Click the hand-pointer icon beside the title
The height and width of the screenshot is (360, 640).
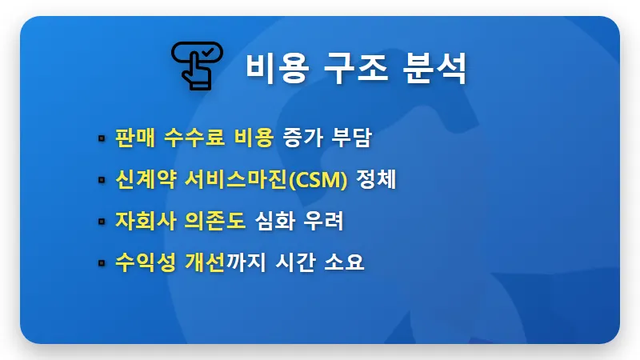(x=194, y=65)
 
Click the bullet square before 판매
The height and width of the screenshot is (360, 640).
(x=102, y=138)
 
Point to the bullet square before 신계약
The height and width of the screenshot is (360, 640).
(x=102, y=181)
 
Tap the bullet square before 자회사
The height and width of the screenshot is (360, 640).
(x=102, y=222)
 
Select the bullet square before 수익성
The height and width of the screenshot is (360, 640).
(x=102, y=263)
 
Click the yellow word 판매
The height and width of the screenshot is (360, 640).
(x=133, y=138)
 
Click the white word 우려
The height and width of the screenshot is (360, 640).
(x=324, y=221)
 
